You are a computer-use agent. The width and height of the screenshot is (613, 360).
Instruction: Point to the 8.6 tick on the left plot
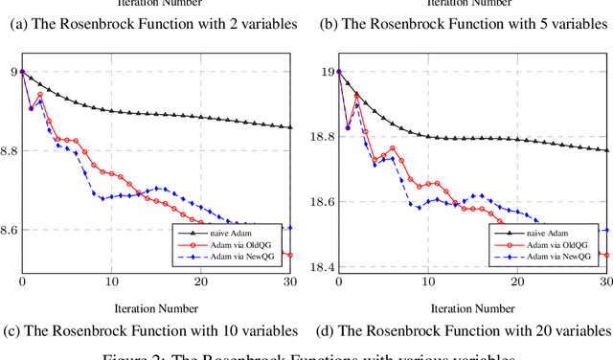pyautogui.click(x=9, y=231)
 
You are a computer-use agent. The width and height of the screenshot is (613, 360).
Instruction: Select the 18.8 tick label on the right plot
pyautogui.click(x=321, y=138)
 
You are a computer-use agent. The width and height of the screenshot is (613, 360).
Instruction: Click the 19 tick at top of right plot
pyautogui.click(x=327, y=72)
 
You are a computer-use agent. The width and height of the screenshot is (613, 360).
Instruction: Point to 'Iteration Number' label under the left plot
pyautogui.click(x=156, y=308)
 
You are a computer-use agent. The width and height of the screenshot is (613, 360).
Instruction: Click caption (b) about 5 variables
pyautogui.click(x=465, y=23)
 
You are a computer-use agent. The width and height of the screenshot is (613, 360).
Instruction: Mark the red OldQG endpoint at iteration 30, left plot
pyautogui.click(x=290, y=256)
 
